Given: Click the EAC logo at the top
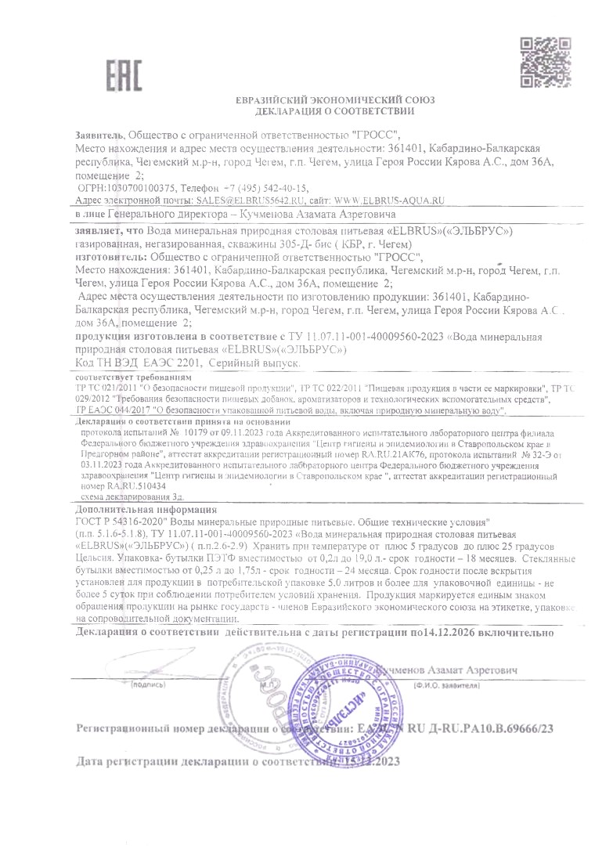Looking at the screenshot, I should (124, 73).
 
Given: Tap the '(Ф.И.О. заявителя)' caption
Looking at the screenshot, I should (445, 684).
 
